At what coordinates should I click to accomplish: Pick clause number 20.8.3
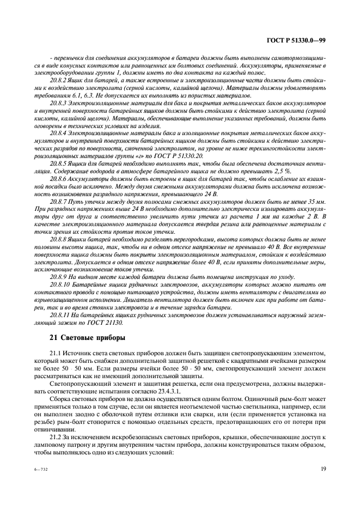pyautogui.click(x=58, y=103)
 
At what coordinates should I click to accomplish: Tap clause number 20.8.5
pyautogui.click(x=58, y=162)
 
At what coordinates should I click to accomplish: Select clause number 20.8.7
pyautogui.click(x=58, y=202)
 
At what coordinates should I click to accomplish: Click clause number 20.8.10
pyautogui.click(x=60, y=284)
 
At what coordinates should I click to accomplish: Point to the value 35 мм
pyautogui.click(x=317, y=202)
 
